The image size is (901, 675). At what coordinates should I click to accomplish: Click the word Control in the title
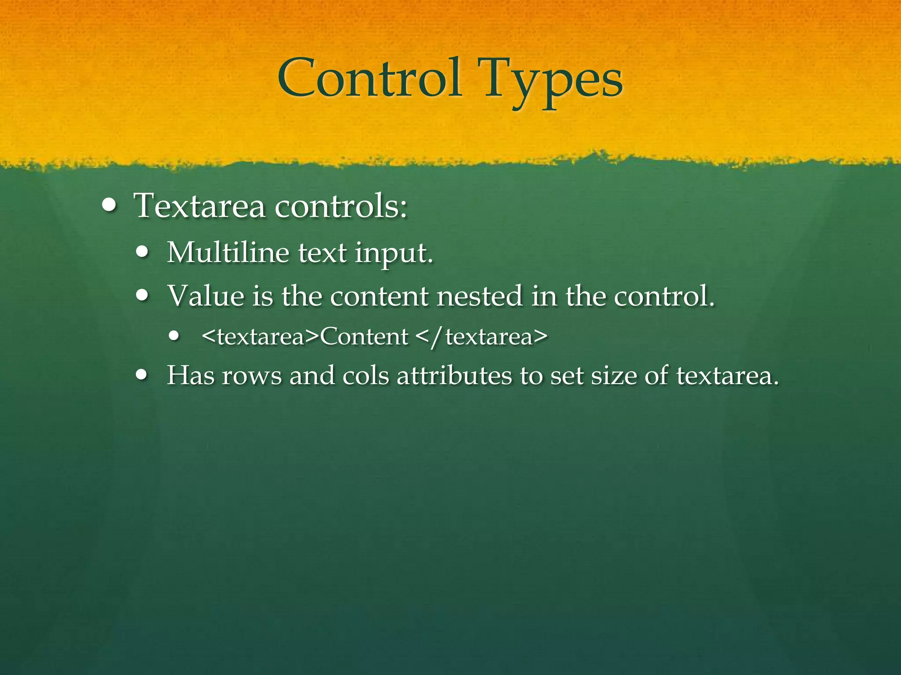370,79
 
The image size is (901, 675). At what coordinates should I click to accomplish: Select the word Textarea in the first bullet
200,206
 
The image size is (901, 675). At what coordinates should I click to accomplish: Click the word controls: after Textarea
341,206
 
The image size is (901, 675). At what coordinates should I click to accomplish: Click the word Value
206,296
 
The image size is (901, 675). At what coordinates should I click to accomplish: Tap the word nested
480,296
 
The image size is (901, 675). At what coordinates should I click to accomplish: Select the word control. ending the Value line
664,296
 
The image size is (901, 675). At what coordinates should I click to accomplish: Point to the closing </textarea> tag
481,337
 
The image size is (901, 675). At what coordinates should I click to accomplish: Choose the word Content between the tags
364,337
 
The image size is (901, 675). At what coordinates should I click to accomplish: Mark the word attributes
454,376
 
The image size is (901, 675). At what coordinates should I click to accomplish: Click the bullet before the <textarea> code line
175,336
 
